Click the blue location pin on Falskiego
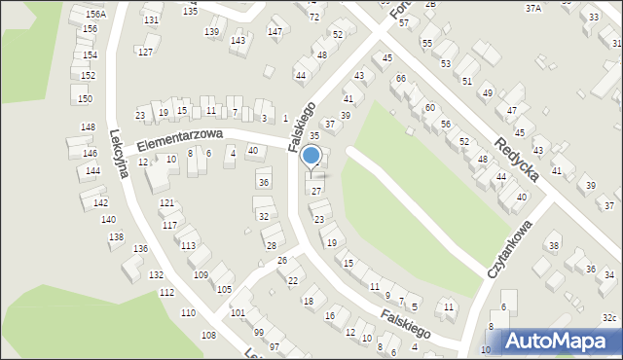(311, 157)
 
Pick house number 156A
(95, 15)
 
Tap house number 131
(150, 20)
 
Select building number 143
(238, 41)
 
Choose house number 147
(275, 32)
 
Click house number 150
(85, 99)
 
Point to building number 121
(167, 202)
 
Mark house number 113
(188, 245)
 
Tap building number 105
(224, 290)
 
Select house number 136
(141, 249)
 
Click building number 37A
(532, 8)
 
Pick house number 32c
(609, 318)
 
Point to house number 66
(400, 78)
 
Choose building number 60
(429, 107)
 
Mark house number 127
(145, 52)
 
